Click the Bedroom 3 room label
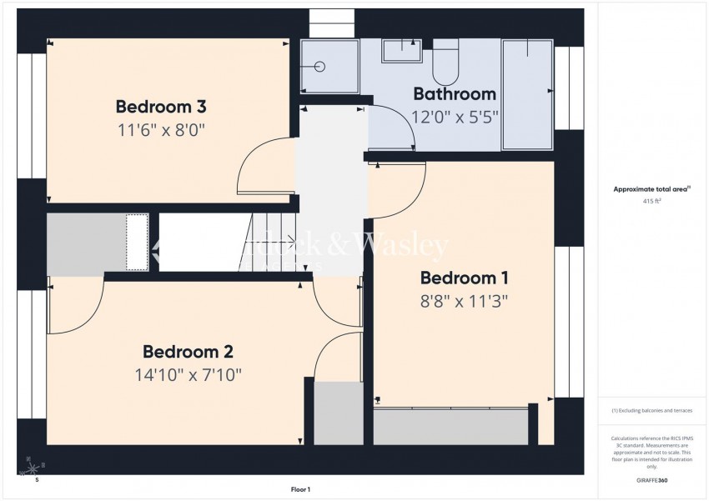point(161,107)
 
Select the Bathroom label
point(455,94)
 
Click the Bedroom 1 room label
point(464,278)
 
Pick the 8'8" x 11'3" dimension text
point(464,300)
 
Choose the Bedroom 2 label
point(188,352)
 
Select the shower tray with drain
point(329,67)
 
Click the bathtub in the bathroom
point(527,94)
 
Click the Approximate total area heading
point(650,189)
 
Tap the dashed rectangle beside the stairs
point(137,242)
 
